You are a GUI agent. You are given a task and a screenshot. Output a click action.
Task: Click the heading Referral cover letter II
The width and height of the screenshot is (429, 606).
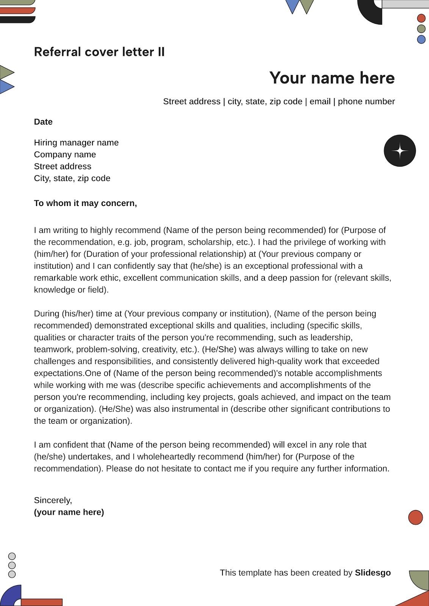99,52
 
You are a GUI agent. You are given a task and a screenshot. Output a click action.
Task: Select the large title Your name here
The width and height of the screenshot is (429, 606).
332,78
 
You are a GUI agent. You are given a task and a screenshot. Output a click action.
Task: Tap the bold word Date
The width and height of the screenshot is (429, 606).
43,122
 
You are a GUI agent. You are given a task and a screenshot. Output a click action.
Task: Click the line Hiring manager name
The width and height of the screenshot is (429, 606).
76,143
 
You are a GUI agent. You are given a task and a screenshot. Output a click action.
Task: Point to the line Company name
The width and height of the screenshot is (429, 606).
65,155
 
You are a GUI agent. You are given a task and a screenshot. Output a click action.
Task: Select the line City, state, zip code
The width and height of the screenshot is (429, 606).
72,178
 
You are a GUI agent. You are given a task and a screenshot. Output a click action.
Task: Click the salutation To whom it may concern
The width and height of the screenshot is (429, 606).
85,203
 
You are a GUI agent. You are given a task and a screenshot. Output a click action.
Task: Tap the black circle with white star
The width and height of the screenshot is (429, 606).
399,151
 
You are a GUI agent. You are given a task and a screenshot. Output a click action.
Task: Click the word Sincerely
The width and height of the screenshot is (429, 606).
53,500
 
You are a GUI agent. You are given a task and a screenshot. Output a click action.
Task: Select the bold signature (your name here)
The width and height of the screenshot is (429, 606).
69,512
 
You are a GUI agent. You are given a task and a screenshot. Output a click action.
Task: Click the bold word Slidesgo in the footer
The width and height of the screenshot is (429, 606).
373,573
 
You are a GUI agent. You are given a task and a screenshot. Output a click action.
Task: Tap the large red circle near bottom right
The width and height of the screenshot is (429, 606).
415,517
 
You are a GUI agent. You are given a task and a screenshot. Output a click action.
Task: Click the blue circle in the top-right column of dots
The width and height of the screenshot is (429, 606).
421,39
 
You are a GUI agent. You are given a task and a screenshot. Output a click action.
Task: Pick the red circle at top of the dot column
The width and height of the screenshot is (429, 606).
421,18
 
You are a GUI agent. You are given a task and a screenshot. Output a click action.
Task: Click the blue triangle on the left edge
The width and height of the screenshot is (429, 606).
5,87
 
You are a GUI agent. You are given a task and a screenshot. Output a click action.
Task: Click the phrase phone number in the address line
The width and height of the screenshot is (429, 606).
366,102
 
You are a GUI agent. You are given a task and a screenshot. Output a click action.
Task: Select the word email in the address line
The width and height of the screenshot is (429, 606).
320,102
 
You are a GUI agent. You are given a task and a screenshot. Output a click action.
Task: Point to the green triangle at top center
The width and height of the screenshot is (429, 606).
306,5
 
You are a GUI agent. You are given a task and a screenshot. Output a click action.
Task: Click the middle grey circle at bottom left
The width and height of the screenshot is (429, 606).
12,565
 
